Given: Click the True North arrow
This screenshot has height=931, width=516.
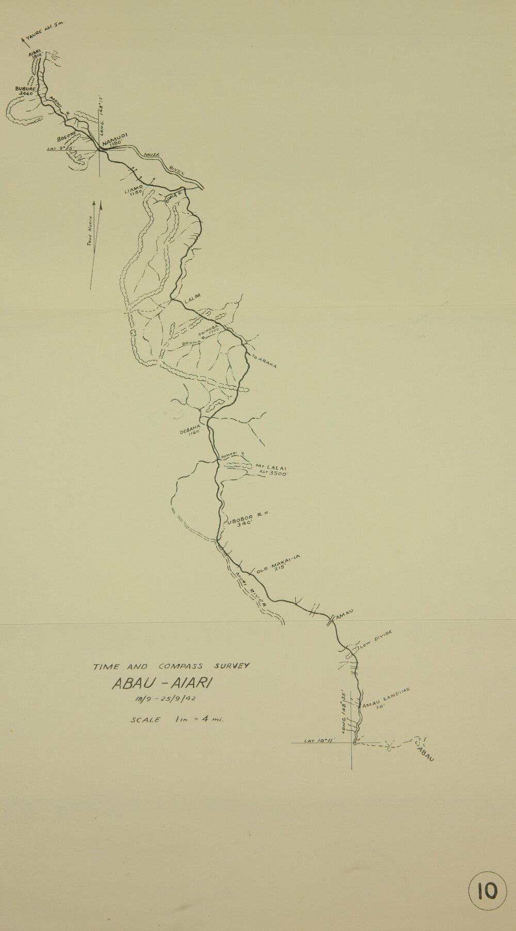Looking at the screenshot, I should [96, 245].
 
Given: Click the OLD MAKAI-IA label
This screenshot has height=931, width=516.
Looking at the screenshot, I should [279, 564].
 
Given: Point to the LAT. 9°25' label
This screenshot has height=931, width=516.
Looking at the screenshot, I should [58, 149].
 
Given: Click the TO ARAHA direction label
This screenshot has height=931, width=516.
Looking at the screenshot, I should [265, 362].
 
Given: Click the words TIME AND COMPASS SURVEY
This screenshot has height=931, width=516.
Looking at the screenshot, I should [171, 666].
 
